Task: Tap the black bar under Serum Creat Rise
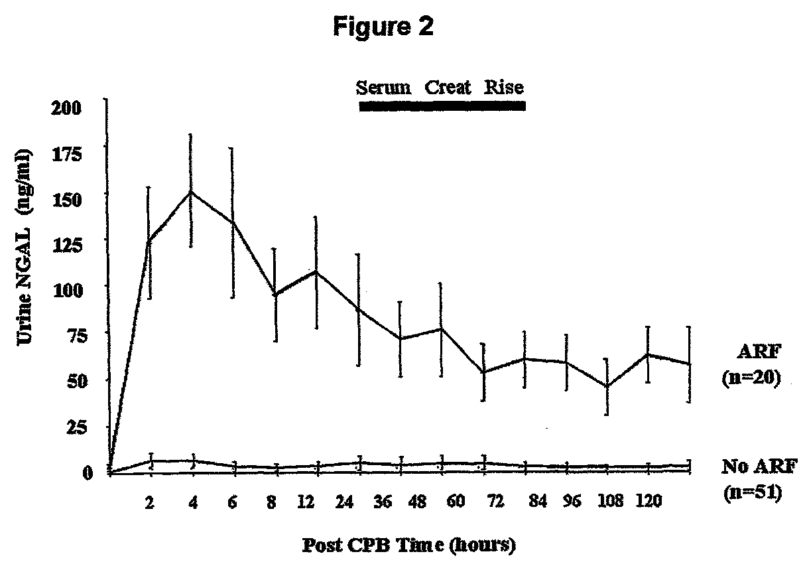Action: [442, 106]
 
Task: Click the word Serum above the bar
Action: [382, 87]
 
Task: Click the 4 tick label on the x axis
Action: [193, 502]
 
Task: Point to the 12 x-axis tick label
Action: [306, 502]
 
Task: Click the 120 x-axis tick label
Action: [648, 502]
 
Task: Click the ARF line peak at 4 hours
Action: [192, 191]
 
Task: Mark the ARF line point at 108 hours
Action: [607, 386]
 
